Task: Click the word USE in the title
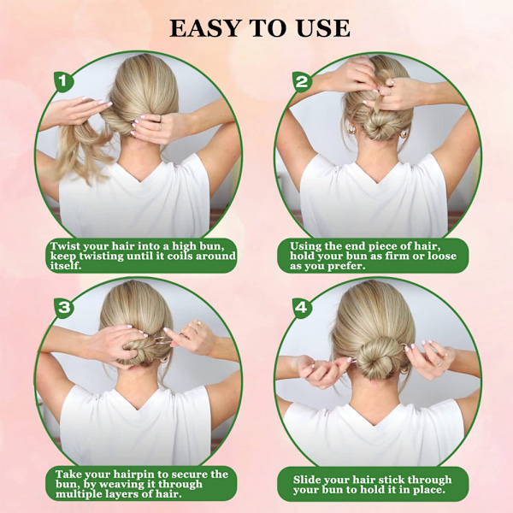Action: coord(323,28)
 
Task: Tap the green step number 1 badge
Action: coord(63,81)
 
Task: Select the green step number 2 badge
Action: coord(301,81)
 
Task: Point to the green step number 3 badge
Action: coord(64,308)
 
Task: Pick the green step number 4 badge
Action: coord(301,308)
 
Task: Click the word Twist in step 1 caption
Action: coord(65,245)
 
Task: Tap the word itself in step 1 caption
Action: coord(66,266)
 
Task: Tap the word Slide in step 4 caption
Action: coord(307,480)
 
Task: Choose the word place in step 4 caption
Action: coord(428,490)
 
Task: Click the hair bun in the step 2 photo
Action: coord(378,127)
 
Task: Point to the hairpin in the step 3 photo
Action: coord(162,340)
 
